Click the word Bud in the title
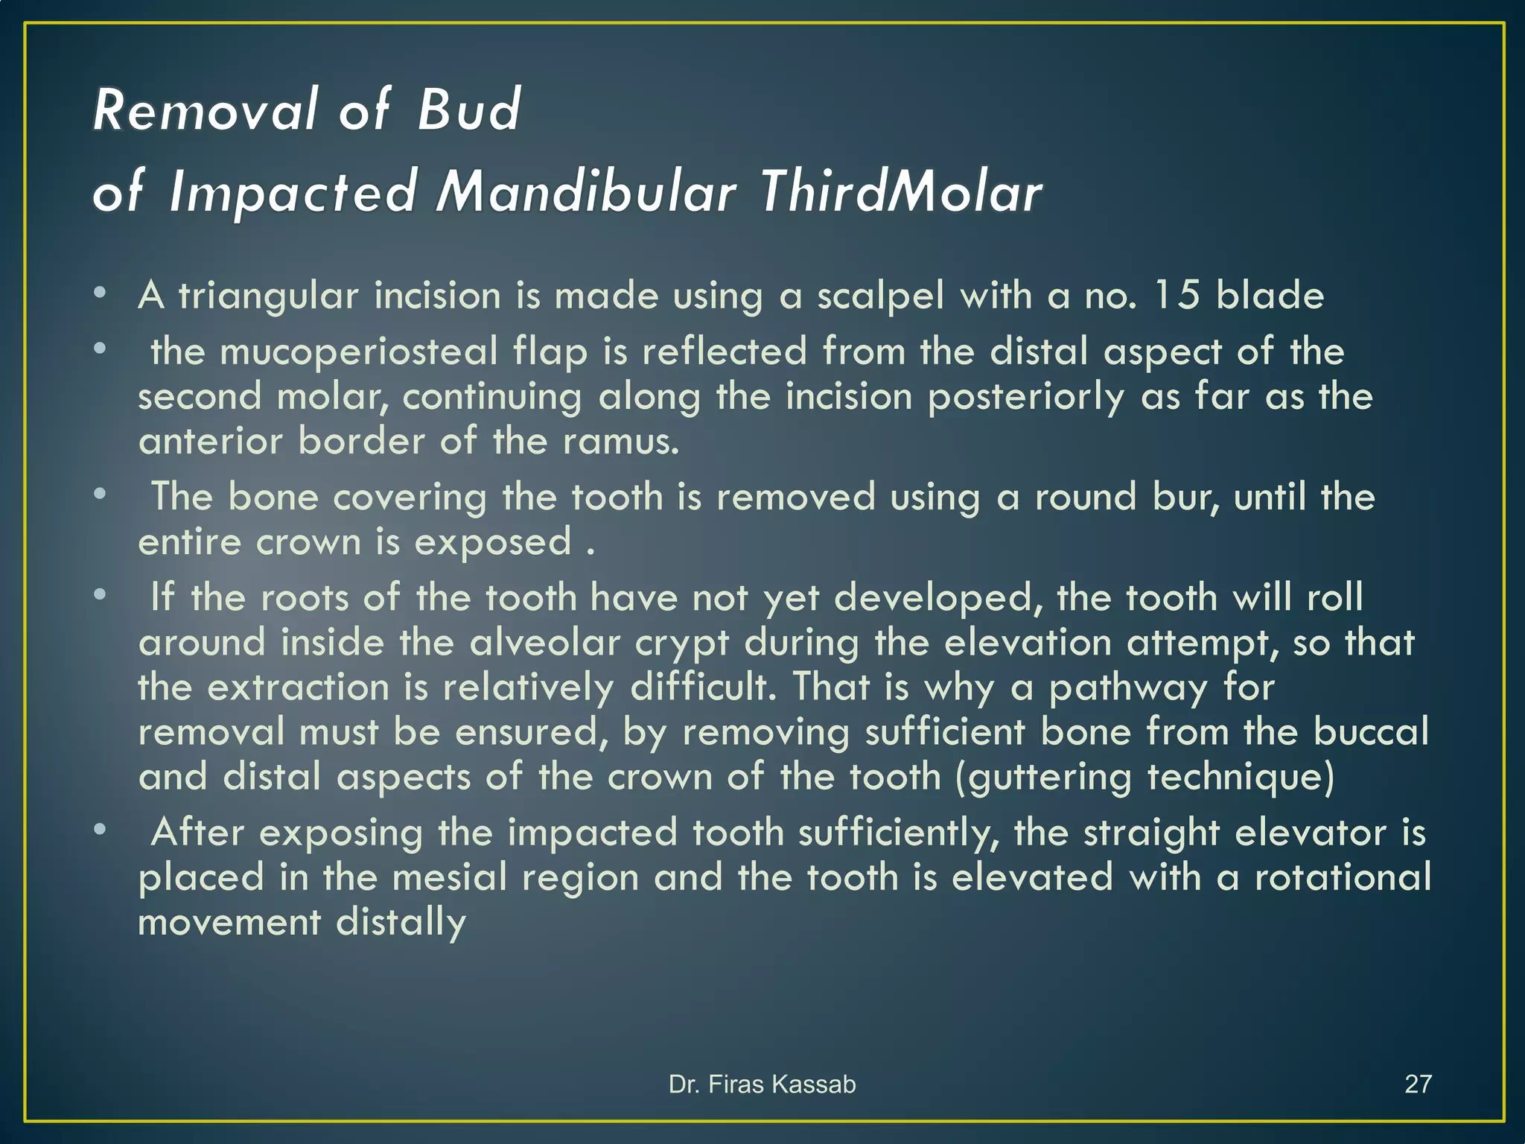point(468,110)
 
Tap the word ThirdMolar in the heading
point(901,192)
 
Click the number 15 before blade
point(1177,295)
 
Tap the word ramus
point(621,441)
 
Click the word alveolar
point(545,642)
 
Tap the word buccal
point(1371,731)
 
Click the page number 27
point(1418,1084)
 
